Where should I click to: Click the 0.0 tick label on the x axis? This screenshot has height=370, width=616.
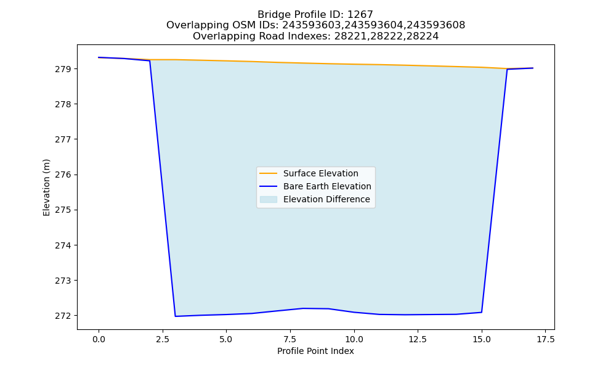click(99, 339)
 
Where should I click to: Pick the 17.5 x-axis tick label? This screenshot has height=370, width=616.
click(545, 339)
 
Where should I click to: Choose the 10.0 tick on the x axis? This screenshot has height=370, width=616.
click(354, 339)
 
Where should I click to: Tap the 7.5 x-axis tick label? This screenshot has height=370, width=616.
click(290, 339)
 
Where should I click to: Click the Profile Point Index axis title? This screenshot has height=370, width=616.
click(315, 351)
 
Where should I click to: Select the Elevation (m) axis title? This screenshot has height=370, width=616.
click(46, 187)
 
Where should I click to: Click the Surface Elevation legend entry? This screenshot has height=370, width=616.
click(320, 173)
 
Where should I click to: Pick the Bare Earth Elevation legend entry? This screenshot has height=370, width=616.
click(327, 186)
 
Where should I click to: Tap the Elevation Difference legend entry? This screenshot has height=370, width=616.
click(326, 199)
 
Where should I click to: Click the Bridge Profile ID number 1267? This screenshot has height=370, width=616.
click(360, 15)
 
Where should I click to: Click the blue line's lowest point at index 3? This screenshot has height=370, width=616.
click(175, 316)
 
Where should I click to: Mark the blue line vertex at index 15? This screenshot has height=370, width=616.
click(482, 312)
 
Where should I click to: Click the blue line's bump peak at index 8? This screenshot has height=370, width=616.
click(303, 308)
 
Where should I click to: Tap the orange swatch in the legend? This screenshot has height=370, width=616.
click(269, 173)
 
